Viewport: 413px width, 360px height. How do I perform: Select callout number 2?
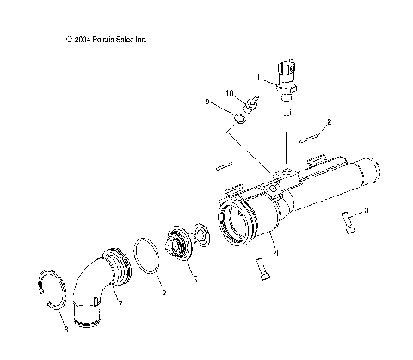[x=329, y=123]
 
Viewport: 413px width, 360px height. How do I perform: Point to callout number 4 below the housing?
[x=194, y=279]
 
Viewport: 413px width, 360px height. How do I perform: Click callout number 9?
[x=230, y=92]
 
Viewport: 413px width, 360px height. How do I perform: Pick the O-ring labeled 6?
[x=95, y=284]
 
